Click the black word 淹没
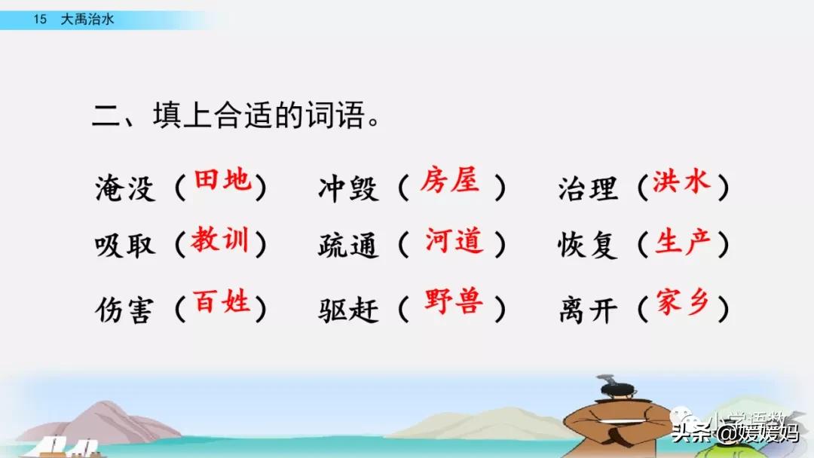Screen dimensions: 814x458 125,188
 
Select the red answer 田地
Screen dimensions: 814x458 222,181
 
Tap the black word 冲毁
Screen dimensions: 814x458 348,188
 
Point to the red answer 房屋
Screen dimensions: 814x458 449,181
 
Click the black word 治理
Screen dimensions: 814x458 588,188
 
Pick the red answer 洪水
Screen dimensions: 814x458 681,182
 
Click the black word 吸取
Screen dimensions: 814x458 125,245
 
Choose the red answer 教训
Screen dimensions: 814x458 219,240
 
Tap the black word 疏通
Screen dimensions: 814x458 348,245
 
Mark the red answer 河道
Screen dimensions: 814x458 454,240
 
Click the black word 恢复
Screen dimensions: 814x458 588,245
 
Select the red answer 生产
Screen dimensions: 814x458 683,242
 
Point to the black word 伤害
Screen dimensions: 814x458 125,310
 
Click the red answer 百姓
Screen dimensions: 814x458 222,301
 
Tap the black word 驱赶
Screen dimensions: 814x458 348,310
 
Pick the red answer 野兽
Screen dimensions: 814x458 454,301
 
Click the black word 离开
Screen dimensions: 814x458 588,310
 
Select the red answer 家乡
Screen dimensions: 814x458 683,301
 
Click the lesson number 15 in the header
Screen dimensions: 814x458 40,19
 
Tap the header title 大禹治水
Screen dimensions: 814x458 87,19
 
